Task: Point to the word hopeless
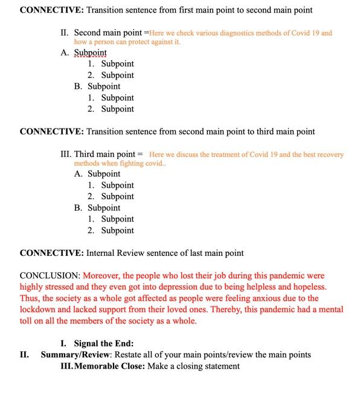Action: [x=309, y=287]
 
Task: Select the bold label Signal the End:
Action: [x=99, y=344]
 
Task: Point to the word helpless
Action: [x=260, y=287]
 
